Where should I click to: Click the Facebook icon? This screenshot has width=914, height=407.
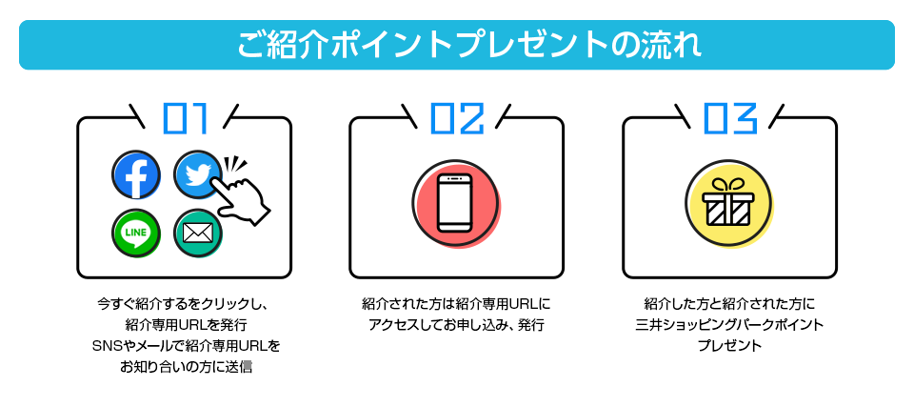tap(136, 175)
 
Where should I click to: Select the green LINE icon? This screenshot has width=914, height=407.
tap(136, 232)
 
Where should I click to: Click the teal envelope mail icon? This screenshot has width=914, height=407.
tap(198, 232)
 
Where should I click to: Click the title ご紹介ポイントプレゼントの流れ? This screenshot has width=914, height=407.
tap(457, 45)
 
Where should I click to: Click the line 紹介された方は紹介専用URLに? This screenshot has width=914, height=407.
tap(456, 305)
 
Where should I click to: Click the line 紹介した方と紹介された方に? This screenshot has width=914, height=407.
tap(729, 305)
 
